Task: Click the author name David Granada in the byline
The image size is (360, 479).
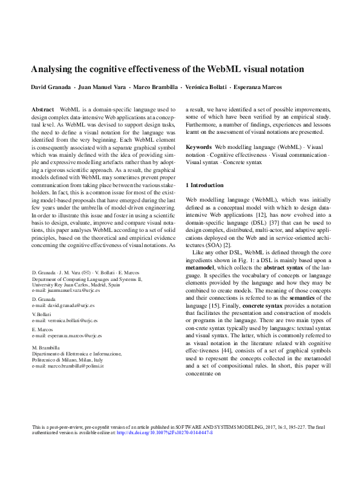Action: pyautogui.click(x=50, y=87)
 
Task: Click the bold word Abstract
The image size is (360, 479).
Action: pyautogui.click(x=42, y=107)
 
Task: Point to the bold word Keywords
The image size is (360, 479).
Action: pyautogui.click(x=198, y=147)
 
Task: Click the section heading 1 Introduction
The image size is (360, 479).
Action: pyautogui.click(x=205, y=183)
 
